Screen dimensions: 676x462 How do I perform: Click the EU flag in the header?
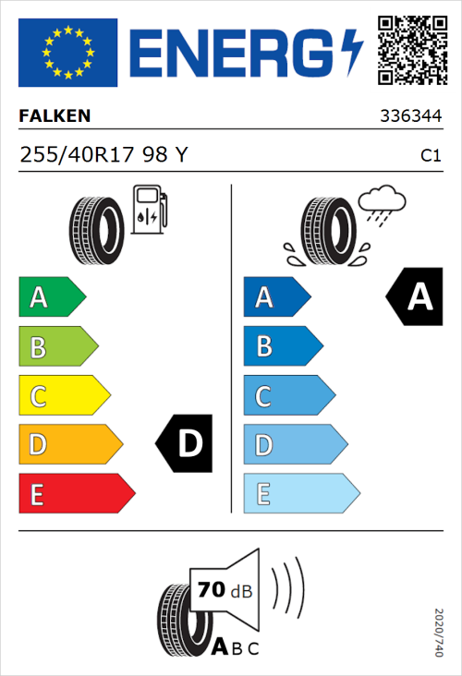(x=67, y=52)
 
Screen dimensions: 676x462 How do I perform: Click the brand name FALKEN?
(x=55, y=117)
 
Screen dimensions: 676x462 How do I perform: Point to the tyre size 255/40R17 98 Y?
(x=103, y=156)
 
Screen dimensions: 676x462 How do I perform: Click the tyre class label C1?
(x=430, y=156)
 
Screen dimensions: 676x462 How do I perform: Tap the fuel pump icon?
(x=149, y=210)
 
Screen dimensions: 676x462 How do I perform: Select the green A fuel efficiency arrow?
(x=51, y=297)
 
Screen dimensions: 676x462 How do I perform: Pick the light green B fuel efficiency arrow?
(x=57, y=347)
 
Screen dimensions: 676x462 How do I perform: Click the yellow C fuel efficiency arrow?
(x=63, y=397)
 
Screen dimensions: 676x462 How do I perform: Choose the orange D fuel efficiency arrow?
(x=69, y=445)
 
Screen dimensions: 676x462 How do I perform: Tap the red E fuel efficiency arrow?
(x=76, y=494)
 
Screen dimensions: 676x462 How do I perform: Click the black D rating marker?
(x=186, y=444)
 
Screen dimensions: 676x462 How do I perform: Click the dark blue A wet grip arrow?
(x=275, y=297)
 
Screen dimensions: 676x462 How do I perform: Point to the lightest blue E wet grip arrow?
(x=300, y=494)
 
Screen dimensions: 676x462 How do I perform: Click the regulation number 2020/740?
(x=438, y=634)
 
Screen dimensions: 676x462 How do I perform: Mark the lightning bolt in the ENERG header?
(x=352, y=51)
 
